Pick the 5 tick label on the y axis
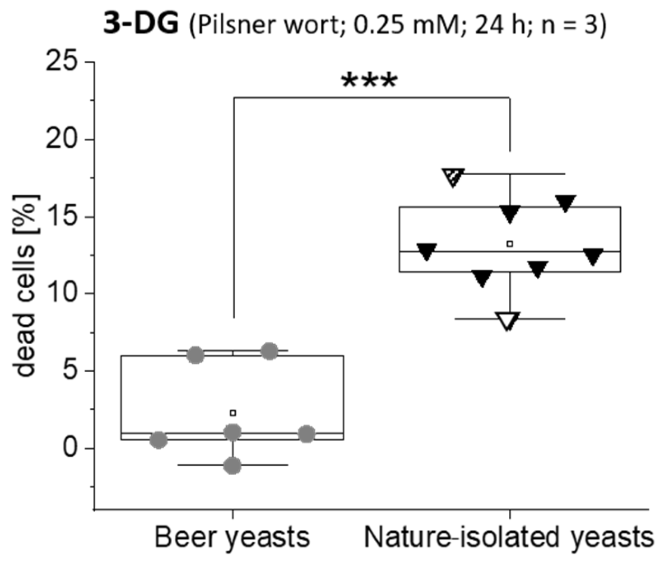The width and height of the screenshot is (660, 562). pyautogui.click(x=73, y=371)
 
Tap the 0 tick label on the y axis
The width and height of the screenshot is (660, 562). pyautogui.click(x=73, y=449)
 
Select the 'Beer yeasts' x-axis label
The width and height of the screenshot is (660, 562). pyautogui.click(x=232, y=538)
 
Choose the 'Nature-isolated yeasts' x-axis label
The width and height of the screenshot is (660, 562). pyautogui.click(x=509, y=538)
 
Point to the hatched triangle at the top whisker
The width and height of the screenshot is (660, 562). pyautogui.click(x=453, y=176)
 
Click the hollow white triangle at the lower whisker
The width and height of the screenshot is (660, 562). pyautogui.click(x=509, y=320)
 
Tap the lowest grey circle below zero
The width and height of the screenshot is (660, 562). pyautogui.click(x=232, y=465)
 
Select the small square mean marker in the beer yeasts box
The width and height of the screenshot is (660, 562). pyautogui.click(x=233, y=412)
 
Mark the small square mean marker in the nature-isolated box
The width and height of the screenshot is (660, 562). pyautogui.click(x=510, y=244)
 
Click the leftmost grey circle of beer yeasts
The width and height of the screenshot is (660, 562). pyautogui.click(x=159, y=440)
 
